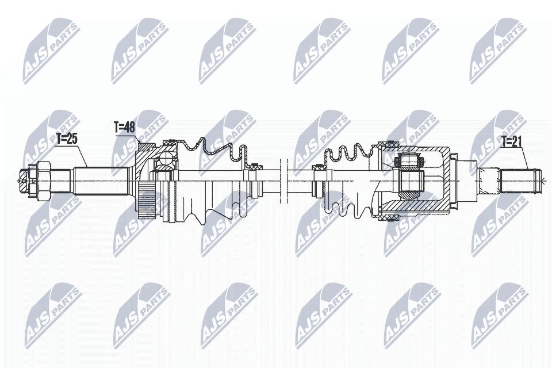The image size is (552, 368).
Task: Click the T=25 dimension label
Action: click(66, 139)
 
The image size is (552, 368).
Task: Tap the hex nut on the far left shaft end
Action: click(43, 179)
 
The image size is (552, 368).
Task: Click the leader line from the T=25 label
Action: click(82, 156)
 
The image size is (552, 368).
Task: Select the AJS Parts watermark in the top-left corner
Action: click(49, 49)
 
